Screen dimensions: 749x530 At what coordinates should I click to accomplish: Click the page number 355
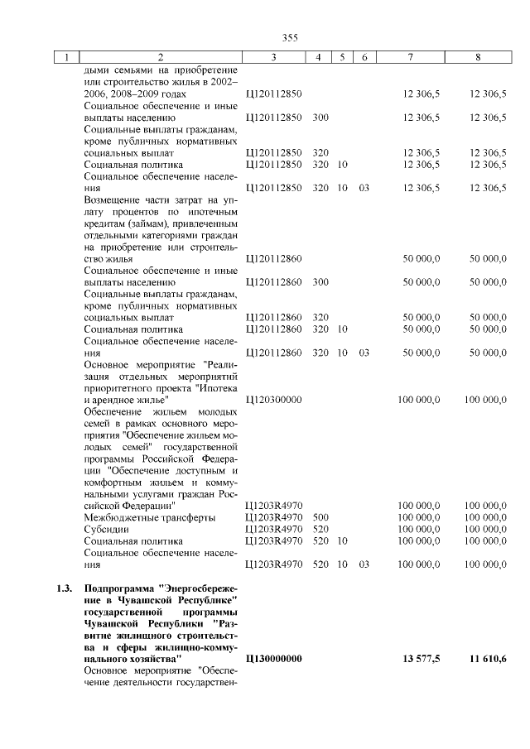tap(290, 37)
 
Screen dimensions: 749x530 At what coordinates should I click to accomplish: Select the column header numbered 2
tap(161, 57)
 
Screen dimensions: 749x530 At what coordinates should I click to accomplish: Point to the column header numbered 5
tap(341, 57)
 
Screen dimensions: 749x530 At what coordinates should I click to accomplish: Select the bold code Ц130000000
tap(274, 658)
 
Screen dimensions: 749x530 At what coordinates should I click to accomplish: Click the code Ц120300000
tap(273, 400)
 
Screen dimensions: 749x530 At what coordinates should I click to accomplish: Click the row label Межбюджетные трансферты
tap(149, 517)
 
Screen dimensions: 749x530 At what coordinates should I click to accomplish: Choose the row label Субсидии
tap(105, 529)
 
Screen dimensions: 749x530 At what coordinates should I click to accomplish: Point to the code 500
tap(320, 517)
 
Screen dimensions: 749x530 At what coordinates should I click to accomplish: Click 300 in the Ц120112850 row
tap(320, 118)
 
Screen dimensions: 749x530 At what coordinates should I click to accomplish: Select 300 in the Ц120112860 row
tap(320, 282)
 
